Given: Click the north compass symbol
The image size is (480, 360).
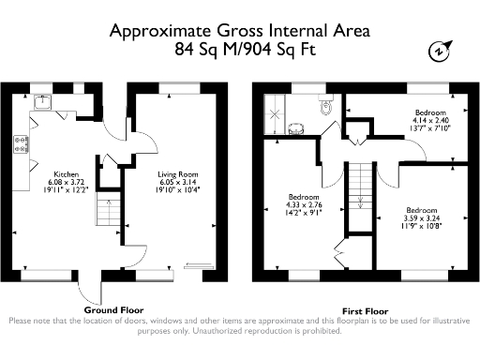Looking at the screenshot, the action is click(440, 51).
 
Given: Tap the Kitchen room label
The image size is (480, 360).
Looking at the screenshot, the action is click(67, 174).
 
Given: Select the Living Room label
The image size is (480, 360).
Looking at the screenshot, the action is click(177, 174).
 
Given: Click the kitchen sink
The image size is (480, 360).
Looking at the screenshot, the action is click(43, 102).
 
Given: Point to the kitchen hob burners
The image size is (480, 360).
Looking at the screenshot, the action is click(22, 144).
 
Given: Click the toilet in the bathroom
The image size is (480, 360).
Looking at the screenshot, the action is click(326, 105).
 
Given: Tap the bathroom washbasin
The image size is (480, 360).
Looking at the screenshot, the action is click(296, 128).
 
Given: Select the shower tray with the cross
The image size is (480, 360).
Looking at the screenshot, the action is click(275, 114).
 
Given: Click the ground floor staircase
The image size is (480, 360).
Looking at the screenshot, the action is click(108, 209).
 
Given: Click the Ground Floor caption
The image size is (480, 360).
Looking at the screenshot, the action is click(113, 310).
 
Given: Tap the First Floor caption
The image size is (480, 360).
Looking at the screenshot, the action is click(366, 311).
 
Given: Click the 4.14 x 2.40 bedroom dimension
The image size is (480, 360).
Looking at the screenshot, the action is click(430, 120).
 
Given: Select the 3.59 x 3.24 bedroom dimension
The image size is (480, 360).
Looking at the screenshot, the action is click(422, 218).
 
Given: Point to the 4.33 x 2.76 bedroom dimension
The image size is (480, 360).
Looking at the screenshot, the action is click(304, 205).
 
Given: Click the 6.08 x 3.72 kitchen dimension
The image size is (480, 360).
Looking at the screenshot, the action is click(67, 182).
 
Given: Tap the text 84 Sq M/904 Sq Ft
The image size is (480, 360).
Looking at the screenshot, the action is click(246, 50).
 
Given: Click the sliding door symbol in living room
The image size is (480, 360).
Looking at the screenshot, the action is click(200, 265).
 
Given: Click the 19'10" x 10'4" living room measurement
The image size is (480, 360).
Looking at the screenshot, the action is click(177, 189).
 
